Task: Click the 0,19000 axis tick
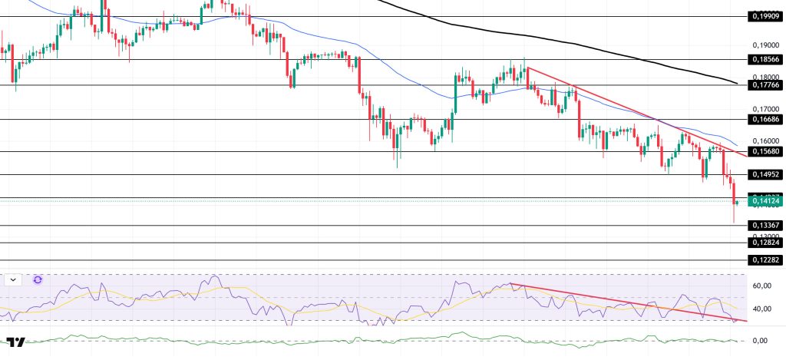click(764, 45)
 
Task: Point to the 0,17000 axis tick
click(764, 109)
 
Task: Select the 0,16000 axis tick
click(764, 141)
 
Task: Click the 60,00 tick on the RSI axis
click(761, 286)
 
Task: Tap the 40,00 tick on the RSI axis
click(761, 309)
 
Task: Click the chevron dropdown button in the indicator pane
click(14, 280)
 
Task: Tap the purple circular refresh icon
click(37, 280)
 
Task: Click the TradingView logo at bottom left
click(16, 343)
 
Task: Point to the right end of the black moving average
click(737, 83)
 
